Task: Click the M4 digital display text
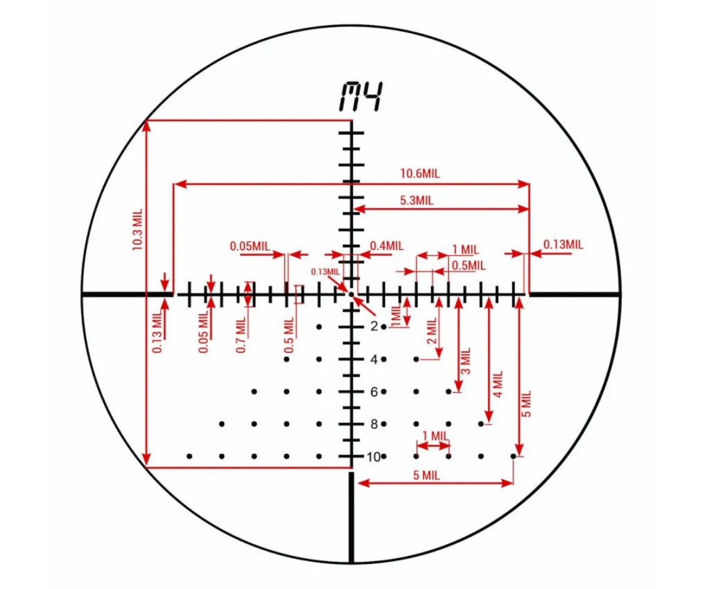click(x=361, y=97)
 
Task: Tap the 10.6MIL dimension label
click(x=420, y=173)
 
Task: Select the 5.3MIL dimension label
click(x=417, y=200)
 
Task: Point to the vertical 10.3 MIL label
click(x=137, y=230)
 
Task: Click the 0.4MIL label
click(x=387, y=246)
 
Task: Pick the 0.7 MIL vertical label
click(x=241, y=335)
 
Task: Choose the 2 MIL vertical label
click(x=432, y=331)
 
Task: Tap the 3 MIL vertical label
click(x=466, y=360)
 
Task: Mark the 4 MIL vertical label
click(x=498, y=384)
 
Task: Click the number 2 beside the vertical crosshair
click(x=374, y=326)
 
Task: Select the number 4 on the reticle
click(x=374, y=359)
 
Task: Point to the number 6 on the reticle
click(x=374, y=392)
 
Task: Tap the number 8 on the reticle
click(x=374, y=424)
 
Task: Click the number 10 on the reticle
click(x=374, y=457)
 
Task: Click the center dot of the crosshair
click(x=351, y=294)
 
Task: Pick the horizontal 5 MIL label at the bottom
click(x=426, y=475)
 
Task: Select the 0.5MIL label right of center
click(x=469, y=266)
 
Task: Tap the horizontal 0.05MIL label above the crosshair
click(x=250, y=246)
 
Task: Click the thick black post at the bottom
click(x=351, y=518)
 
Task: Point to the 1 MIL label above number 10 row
click(x=435, y=436)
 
